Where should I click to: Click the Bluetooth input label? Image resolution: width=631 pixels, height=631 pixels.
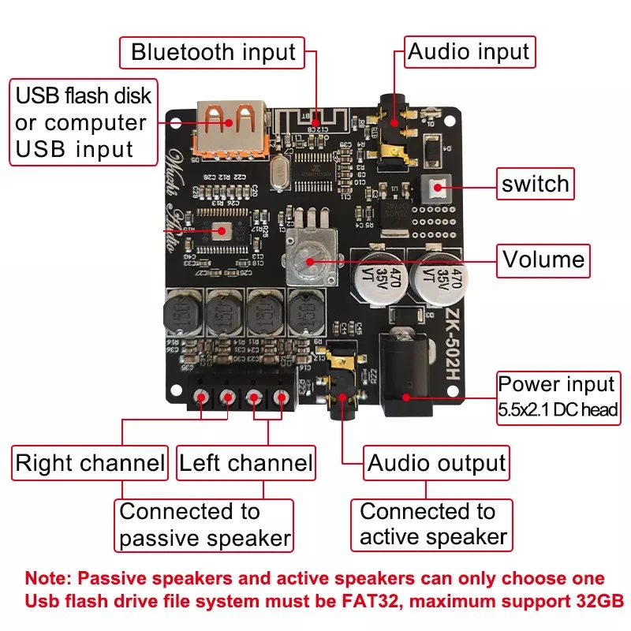point(213,53)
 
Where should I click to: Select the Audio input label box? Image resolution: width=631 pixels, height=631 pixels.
point(469,53)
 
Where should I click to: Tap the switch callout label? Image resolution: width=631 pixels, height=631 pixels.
point(535,185)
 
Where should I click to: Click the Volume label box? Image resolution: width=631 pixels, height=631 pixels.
point(543,259)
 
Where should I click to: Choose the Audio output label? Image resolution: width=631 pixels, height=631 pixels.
point(436,463)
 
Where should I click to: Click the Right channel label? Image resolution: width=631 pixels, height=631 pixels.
point(90,463)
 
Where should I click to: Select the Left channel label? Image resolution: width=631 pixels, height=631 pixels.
point(245,463)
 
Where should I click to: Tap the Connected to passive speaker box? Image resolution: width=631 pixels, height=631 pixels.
point(205,525)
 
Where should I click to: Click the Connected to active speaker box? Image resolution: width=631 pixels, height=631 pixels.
point(432,525)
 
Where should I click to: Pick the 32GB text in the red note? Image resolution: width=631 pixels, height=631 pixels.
point(595,601)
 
